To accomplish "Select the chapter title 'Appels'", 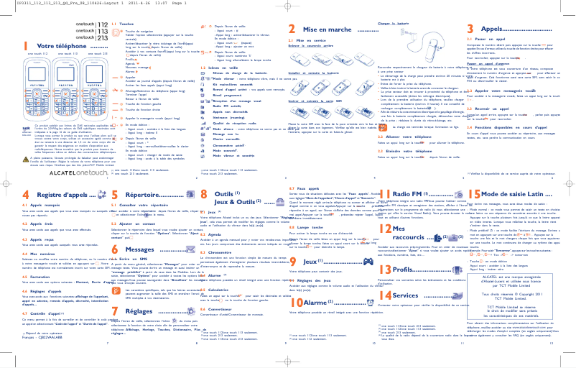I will (503, 28).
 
